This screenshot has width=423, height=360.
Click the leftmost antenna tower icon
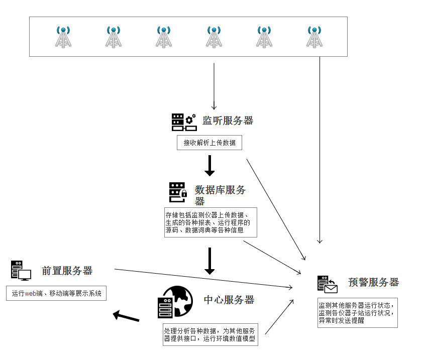[63, 37]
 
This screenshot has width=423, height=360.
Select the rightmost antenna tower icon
[314, 37]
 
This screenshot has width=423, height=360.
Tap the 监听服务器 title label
[228, 121]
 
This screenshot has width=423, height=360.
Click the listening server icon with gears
[183, 122]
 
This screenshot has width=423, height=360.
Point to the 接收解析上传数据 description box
[209, 143]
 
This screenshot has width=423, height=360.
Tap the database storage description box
[210, 222]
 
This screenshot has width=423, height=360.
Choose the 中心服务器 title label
[229, 300]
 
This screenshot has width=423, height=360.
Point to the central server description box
[210, 334]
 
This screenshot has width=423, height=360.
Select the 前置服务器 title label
[67, 271]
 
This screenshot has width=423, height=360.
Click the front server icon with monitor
[21, 270]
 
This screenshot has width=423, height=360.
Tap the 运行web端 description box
[57, 293]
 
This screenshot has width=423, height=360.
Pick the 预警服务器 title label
[373, 282]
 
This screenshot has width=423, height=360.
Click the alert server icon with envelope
[327, 284]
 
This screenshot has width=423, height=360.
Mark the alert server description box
[357, 312]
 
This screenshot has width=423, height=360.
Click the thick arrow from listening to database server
[209, 165]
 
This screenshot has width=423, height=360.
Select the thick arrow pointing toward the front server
[126, 316]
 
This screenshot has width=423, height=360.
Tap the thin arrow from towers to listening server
[214, 85]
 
